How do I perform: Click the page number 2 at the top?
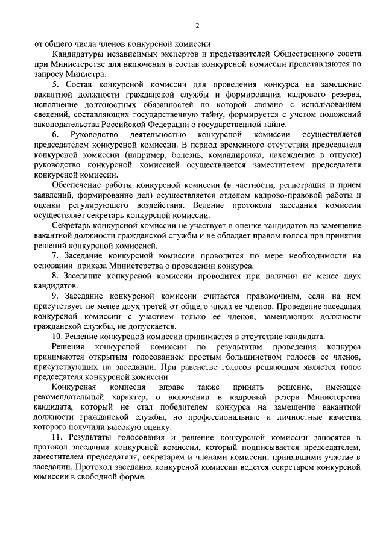tap(197, 25)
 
